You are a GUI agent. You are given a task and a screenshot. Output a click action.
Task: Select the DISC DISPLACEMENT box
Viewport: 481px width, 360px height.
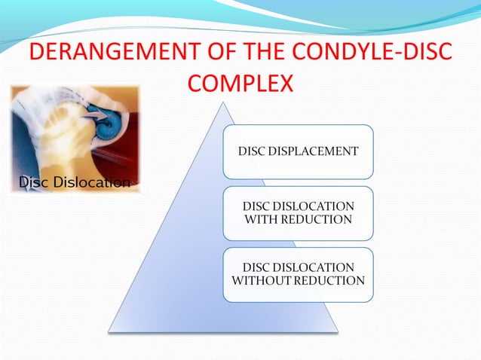pyautogui.click(x=298, y=151)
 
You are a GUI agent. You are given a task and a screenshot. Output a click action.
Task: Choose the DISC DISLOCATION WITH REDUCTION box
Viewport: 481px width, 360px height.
pyautogui.click(x=298, y=213)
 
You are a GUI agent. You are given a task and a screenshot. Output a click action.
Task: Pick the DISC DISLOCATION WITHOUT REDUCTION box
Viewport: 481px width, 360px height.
pyautogui.click(x=298, y=274)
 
